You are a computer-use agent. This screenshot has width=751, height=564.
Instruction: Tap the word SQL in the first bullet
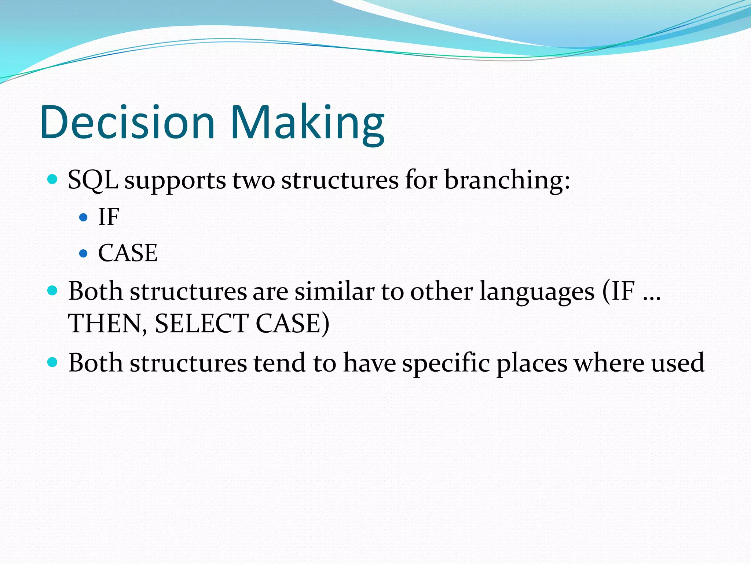tap(93, 181)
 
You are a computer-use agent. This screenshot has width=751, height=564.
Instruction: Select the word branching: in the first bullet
tap(507, 181)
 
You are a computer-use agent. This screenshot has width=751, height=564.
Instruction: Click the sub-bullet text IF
tap(109, 217)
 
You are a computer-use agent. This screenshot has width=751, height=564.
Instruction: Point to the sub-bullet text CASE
tap(128, 253)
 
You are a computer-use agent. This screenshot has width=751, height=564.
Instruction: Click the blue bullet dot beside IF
tap(84, 217)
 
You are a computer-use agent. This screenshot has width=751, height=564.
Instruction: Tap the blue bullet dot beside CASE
tap(84, 253)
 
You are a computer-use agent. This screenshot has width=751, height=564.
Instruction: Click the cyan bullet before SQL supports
tap(53, 180)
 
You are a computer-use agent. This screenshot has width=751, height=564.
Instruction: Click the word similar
tap(334, 292)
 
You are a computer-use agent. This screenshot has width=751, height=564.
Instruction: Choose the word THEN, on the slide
tap(108, 324)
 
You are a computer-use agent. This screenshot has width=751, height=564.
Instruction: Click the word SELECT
tap(202, 324)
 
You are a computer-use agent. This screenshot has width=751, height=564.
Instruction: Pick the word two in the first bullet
tap(253, 181)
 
